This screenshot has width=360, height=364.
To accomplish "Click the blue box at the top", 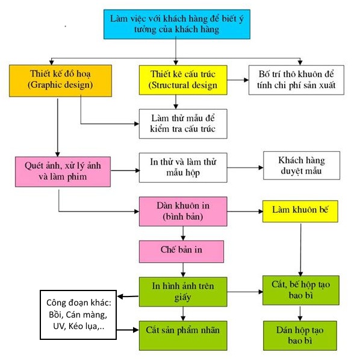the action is [177, 24].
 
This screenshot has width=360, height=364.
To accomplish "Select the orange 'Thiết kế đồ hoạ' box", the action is [60, 81].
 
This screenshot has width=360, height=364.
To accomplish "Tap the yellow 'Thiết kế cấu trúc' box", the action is [183, 80].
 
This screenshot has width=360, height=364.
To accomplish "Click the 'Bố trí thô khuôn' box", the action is [296, 80].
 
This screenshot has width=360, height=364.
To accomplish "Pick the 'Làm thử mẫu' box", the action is [183, 124].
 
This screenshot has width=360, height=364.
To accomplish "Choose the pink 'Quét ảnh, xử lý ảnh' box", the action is [63, 172].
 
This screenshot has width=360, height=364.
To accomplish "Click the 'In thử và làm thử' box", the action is [183, 168].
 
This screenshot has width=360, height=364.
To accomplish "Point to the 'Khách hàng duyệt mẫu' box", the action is [302, 165].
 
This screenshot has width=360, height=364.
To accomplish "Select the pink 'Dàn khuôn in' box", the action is [183, 212].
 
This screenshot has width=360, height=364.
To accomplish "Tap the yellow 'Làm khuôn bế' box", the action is [300, 212].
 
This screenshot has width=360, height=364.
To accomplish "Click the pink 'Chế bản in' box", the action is [181, 251].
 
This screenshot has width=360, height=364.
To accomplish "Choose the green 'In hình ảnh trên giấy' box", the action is [183, 292].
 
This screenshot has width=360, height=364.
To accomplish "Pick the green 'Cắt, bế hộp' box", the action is [300, 290].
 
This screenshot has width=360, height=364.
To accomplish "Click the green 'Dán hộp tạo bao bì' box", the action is [300, 336].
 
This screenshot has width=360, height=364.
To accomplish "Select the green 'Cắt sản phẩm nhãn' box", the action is [183, 336].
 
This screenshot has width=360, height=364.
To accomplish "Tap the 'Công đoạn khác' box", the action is [78, 315].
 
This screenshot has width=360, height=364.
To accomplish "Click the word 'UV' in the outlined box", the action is [58, 326].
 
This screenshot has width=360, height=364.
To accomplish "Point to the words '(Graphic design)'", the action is [60, 85].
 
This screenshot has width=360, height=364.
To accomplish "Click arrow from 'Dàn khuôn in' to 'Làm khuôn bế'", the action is [245, 212].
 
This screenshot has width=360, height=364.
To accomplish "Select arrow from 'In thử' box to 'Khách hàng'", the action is [245, 168].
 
